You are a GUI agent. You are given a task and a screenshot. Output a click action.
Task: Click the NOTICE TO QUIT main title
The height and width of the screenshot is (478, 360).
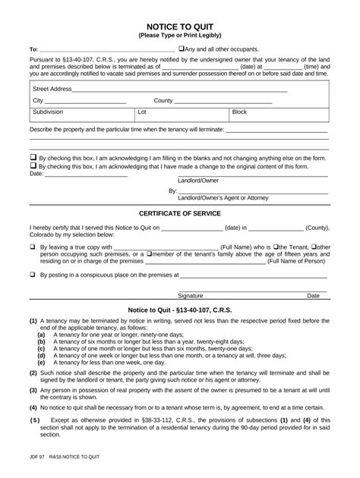(180, 25)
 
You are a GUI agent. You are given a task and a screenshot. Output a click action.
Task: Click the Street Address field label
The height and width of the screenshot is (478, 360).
(52, 89)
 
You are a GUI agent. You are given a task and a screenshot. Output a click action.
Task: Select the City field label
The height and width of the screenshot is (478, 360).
(38, 100)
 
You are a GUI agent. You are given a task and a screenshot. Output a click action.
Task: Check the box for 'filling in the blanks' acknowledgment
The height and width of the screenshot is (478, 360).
(33, 159)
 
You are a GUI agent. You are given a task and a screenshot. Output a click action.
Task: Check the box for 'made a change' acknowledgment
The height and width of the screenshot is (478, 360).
(33, 166)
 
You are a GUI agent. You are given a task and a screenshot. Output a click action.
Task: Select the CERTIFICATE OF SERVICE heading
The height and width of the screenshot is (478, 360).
(180, 213)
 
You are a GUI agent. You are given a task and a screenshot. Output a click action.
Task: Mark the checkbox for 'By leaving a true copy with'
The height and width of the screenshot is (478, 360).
(33, 247)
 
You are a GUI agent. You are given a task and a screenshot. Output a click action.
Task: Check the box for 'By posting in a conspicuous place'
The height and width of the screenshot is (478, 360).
(33, 275)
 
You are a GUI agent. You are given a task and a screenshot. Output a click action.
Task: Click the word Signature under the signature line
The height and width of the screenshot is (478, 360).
(191, 295)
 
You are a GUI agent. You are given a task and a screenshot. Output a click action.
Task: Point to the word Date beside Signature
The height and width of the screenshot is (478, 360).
(313, 295)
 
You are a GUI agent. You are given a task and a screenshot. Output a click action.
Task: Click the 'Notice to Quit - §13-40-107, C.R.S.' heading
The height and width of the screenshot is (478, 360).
(180, 310)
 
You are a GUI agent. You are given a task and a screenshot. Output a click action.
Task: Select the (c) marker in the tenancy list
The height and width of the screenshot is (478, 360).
(41, 347)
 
